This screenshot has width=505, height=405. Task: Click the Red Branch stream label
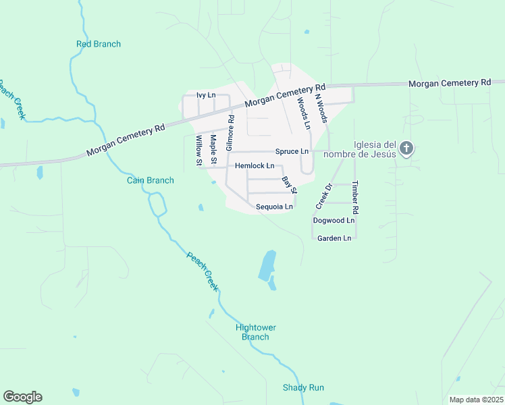point(98,45)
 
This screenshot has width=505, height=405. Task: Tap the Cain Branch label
point(151,180)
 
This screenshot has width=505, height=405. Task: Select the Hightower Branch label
point(256,332)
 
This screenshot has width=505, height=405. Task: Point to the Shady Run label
point(303,387)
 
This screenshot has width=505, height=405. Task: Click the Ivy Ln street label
point(205,96)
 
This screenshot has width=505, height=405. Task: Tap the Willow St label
point(198,150)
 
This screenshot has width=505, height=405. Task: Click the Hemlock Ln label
point(255,165)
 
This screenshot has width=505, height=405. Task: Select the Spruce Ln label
point(292,152)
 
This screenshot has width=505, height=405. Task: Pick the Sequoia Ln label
point(274,207)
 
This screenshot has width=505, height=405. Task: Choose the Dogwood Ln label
point(334,221)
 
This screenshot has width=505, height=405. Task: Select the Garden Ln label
point(334,238)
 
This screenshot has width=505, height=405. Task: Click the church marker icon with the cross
point(406,148)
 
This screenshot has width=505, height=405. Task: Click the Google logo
point(22,397)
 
